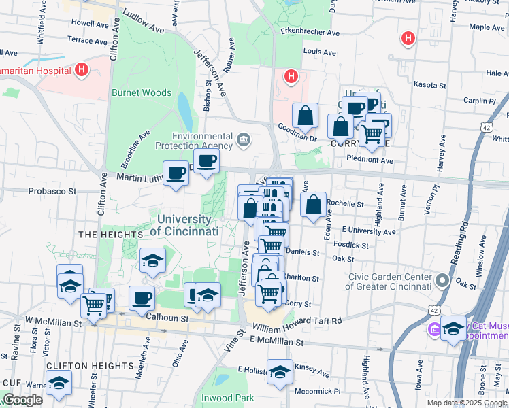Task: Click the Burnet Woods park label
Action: (x=142, y=92)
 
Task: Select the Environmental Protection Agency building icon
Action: (x=244, y=141)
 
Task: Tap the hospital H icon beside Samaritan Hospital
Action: (x=82, y=69)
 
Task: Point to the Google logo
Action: (x=22, y=400)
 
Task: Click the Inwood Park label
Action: (x=227, y=397)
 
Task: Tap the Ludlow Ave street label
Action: (x=143, y=21)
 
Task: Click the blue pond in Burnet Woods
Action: (x=184, y=107)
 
